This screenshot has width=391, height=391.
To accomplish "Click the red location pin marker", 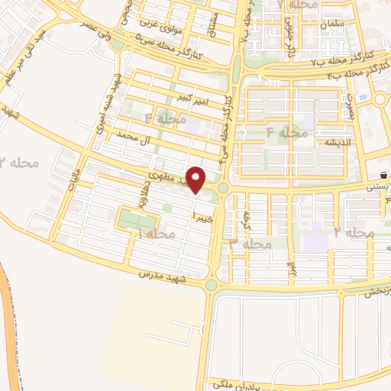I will [x=196, y=179].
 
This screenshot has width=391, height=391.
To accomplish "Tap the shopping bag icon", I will [x=383, y=175].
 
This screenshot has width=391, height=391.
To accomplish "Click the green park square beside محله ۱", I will [x=136, y=221].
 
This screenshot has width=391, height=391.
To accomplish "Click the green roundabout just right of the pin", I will [x=222, y=188].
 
